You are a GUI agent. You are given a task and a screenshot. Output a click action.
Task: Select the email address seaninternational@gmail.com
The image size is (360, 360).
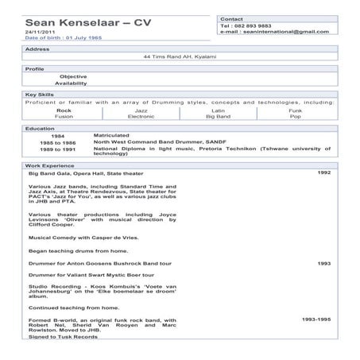pos(273,32)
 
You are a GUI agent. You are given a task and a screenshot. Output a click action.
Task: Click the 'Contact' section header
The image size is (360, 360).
pos(232,17)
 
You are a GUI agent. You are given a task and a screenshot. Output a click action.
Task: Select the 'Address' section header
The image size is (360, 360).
pos(37,48)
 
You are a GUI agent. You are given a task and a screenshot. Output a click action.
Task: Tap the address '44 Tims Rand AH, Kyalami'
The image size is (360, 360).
pos(179,57)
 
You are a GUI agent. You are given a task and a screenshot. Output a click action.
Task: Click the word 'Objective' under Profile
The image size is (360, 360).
pos(73,76)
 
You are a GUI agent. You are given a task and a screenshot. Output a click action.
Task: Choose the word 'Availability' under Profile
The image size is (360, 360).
pos(71,83)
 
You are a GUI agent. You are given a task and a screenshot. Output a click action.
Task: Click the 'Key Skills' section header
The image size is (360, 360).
pos(40,95)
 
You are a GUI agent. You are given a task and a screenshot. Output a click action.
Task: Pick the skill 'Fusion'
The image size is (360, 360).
pos(64,116)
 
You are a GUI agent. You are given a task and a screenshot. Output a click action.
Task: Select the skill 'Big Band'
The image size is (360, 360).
pos(218,116)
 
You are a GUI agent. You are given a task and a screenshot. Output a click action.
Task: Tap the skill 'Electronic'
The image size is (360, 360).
pos(141,116)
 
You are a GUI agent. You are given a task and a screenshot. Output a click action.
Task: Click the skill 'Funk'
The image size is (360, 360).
pos(295,110)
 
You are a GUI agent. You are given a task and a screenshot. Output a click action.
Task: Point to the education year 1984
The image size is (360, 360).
pos(57,136)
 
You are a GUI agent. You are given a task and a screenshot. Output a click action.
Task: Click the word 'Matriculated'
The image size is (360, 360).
pos(110,135)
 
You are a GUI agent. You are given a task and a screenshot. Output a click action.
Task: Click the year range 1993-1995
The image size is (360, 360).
pos(316,319)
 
